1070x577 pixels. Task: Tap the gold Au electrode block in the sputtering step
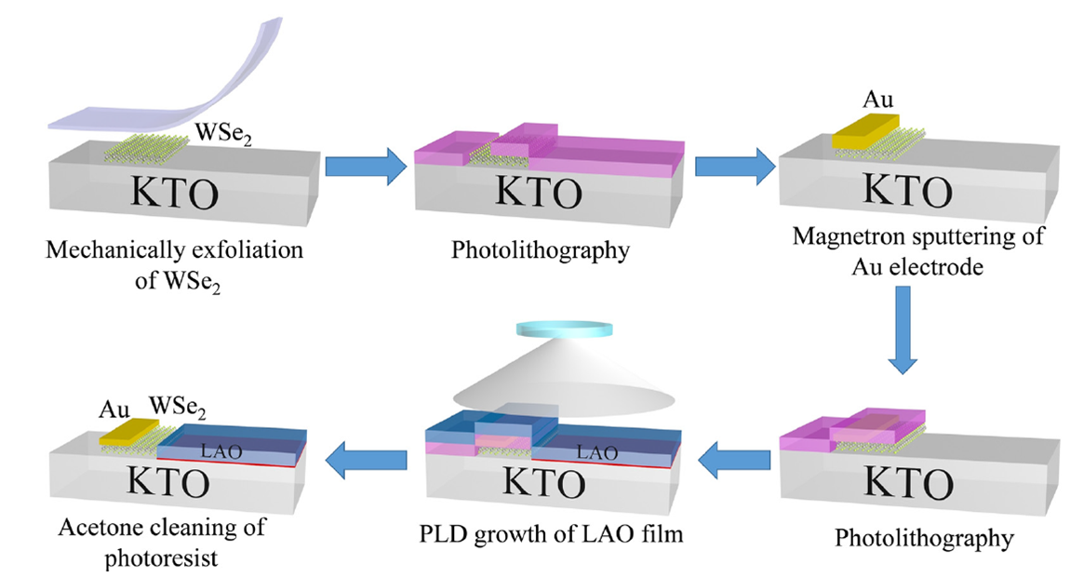coord(865,130)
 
